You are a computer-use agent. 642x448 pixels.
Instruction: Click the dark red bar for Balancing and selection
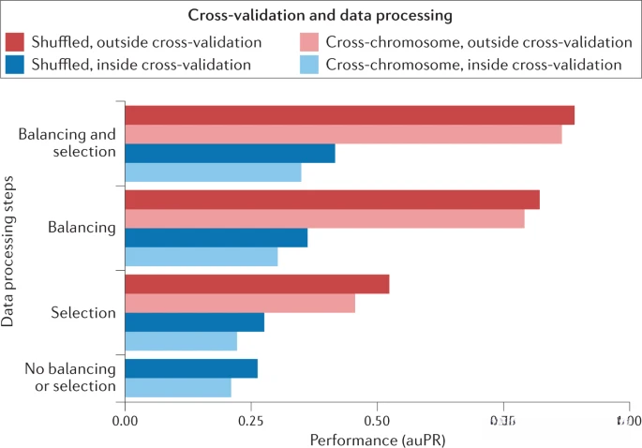coord(349,115)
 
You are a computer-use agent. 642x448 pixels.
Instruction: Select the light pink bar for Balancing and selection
coord(343,134)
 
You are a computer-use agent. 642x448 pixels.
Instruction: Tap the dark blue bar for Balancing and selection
coord(230,154)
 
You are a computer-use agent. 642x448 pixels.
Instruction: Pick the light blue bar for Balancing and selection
coord(213,172)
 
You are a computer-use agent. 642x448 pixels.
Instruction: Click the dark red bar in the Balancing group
coord(332,200)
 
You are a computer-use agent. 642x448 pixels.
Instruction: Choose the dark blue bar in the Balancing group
coord(216,238)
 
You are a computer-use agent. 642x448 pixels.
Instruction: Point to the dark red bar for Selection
coord(257,284)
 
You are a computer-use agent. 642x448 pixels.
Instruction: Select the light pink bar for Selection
coord(240,304)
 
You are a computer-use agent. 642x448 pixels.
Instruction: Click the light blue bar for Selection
coord(181,341)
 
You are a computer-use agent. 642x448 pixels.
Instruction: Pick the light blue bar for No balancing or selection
coord(178,386)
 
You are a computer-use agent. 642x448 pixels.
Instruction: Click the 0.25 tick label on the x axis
coord(250,421)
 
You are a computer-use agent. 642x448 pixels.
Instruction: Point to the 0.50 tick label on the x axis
coord(377,421)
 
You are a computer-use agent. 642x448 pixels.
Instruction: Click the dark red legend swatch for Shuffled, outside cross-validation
coord(15,42)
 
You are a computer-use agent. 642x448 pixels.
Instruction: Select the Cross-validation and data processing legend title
coord(321,17)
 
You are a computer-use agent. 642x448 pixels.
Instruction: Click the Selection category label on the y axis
coord(83,313)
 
